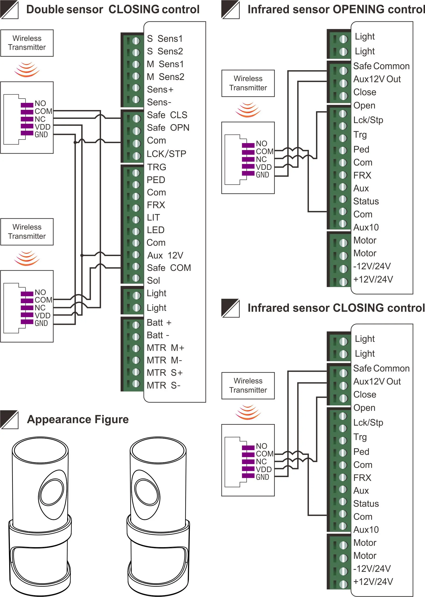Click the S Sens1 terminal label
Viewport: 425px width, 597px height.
165,39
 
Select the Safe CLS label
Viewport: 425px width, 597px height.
167,115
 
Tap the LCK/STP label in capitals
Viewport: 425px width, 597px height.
166,154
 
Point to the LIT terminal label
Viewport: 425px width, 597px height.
153,217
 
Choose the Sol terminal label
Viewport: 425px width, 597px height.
153,281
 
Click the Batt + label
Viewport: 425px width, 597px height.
159,323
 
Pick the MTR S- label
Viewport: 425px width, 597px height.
164,385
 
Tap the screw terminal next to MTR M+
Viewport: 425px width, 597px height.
136,348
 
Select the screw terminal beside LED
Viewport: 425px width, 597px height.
136,231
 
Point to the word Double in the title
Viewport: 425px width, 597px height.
44,9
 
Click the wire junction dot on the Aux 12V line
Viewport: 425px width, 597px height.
82,255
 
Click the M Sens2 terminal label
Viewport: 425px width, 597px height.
165,77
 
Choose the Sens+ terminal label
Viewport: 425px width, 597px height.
160,89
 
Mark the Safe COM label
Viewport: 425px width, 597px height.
169,268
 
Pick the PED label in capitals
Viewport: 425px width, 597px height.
156,180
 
